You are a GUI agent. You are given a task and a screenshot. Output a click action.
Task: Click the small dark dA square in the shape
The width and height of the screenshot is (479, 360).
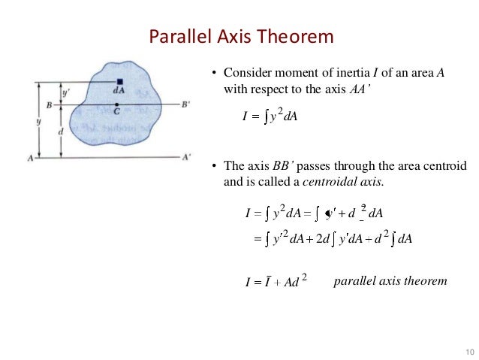click(119, 82)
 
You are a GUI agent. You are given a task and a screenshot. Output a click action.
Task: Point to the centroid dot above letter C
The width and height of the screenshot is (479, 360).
click(117, 104)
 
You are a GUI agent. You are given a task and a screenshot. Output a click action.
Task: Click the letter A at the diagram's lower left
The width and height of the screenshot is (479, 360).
click(29, 159)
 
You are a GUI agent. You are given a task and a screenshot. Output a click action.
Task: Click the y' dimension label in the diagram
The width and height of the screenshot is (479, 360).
click(67, 93)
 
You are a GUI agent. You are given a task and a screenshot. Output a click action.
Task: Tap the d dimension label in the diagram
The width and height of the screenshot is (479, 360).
click(61, 131)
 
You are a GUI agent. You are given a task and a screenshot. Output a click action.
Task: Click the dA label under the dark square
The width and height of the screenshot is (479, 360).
click(119, 91)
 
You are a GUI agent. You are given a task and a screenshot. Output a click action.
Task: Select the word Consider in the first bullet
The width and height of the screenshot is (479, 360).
click(247, 74)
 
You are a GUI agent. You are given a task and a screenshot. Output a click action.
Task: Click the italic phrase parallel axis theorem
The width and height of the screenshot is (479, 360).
click(390, 281)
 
